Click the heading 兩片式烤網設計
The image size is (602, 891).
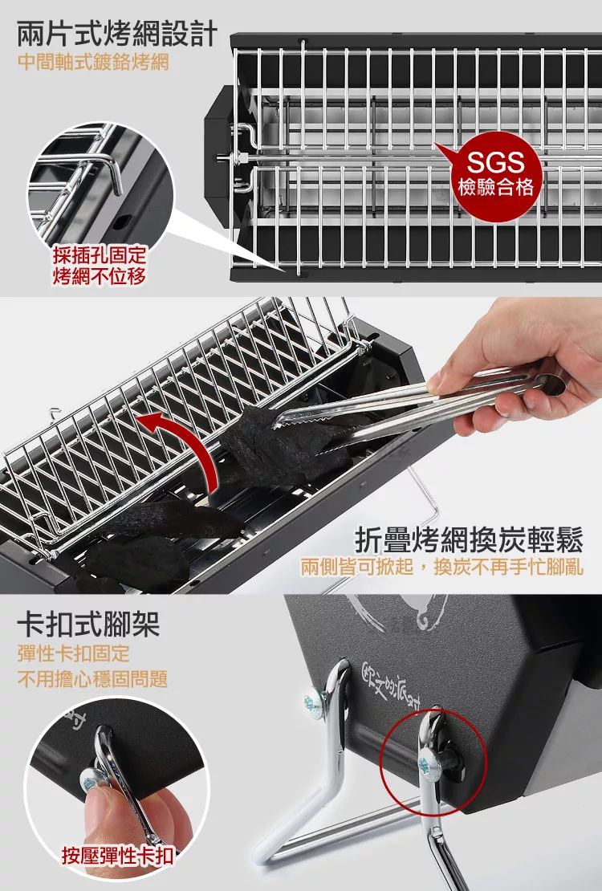[x=118, y=34]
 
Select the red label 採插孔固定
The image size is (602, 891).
[x=100, y=255]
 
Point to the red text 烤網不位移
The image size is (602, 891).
[x=100, y=276]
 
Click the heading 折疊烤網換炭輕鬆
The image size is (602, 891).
[x=470, y=540]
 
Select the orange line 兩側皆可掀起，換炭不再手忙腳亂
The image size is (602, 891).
[x=442, y=567]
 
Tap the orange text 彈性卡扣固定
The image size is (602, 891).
[x=74, y=653]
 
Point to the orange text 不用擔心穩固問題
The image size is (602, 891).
[x=92, y=678]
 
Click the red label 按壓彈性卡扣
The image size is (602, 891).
[x=118, y=855]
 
